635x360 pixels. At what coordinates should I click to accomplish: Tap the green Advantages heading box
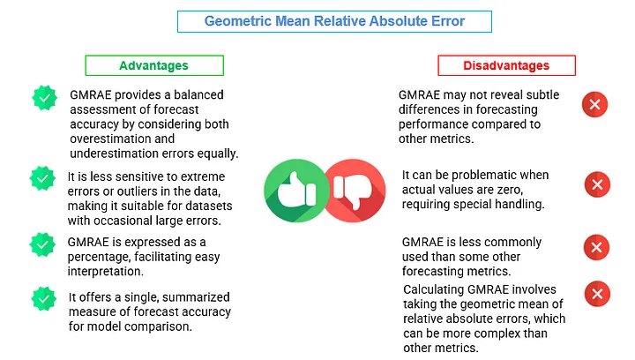tap(154, 65)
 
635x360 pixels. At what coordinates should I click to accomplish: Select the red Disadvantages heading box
tap(506, 65)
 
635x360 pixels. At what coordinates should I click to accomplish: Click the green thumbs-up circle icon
tap(296, 191)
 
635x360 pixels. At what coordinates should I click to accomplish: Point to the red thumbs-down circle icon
tap(355, 191)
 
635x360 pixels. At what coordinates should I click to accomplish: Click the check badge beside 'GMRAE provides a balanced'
tap(45, 98)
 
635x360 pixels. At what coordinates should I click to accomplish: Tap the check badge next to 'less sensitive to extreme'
tap(42, 178)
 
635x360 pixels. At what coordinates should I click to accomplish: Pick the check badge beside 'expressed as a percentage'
tap(42, 244)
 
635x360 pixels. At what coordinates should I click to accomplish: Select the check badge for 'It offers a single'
tap(44, 299)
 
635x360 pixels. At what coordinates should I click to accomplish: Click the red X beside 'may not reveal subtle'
tap(595, 104)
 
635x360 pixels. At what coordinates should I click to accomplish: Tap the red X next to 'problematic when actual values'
tap(597, 184)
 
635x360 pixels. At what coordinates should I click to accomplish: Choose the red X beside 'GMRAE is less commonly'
tap(596, 247)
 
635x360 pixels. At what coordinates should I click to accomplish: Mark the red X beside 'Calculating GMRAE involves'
tap(597, 294)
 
